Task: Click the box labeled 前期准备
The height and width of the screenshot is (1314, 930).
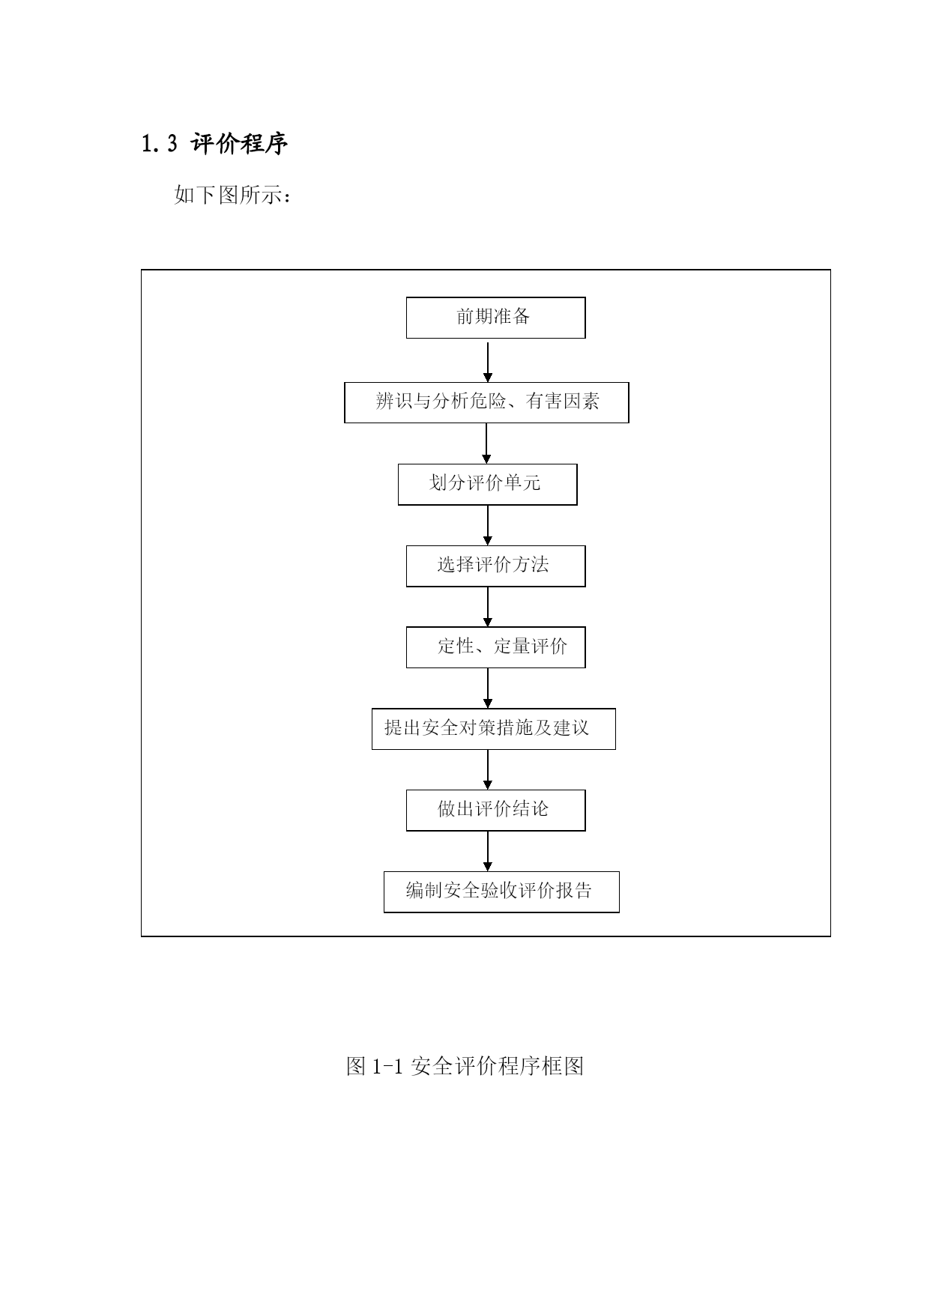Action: pyautogui.click(x=495, y=318)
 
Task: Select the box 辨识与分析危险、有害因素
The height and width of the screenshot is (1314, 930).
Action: pyautogui.click(x=486, y=402)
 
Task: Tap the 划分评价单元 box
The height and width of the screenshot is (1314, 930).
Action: pyautogui.click(x=487, y=484)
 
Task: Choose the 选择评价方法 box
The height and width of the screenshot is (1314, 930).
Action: pyautogui.click(x=495, y=566)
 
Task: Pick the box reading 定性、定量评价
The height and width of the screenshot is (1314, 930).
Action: pyautogui.click(x=495, y=647)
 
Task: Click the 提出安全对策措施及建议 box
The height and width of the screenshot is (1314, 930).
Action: pyautogui.click(x=494, y=729)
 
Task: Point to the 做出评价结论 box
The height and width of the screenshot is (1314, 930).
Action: pyautogui.click(x=495, y=811)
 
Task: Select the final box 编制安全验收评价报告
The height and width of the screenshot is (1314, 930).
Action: pyautogui.click(x=501, y=892)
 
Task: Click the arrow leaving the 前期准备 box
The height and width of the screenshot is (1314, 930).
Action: pyautogui.click(x=488, y=362)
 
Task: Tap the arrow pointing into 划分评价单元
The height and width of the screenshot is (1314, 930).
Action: pyautogui.click(x=486, y=443)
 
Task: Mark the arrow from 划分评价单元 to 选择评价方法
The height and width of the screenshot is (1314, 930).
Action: pyautogui.click(x=488, y=525)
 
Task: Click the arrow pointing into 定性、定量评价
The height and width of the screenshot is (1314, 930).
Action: pyautogui.click(x=488, y=607)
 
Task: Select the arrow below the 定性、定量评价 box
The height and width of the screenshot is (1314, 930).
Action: pyautogui.click(x=488, y=688)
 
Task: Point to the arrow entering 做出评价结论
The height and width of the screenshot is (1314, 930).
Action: pyautogui.click(x=488, y=770)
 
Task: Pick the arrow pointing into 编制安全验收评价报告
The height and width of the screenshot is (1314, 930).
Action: pyautogui.click(x=488, y=851)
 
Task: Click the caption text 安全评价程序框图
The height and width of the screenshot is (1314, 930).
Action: pyautogui.click(x=498, y=1066)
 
